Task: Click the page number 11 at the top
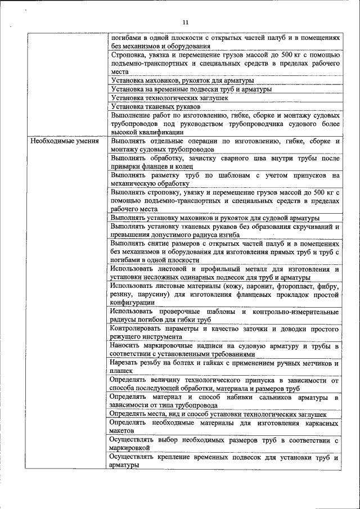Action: click(x=187, y=22)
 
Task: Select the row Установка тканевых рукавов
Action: click(x=156, y=106)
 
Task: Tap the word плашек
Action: click(x=122, y=371)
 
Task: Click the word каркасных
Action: click(x=319, y=422)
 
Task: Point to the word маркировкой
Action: click(x=130, y=447)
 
